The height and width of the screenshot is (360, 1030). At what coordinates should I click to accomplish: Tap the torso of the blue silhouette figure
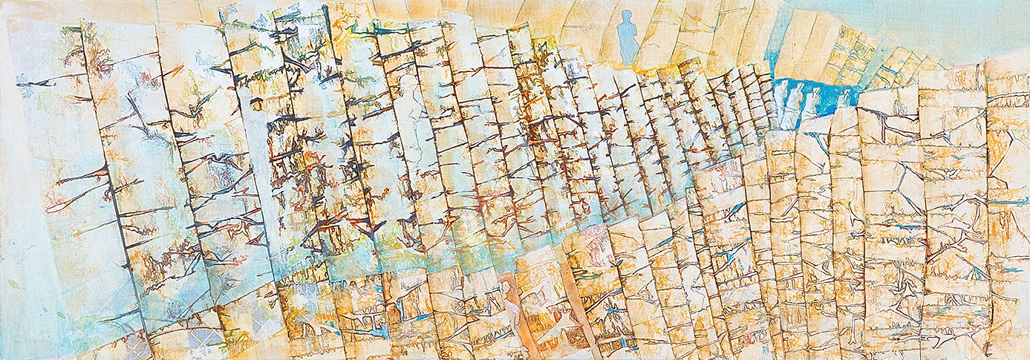click(628, 33)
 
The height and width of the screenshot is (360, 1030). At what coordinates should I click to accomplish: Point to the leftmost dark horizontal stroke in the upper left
click(37, 82)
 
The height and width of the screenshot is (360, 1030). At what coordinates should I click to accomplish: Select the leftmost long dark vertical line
click(111, 186)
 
